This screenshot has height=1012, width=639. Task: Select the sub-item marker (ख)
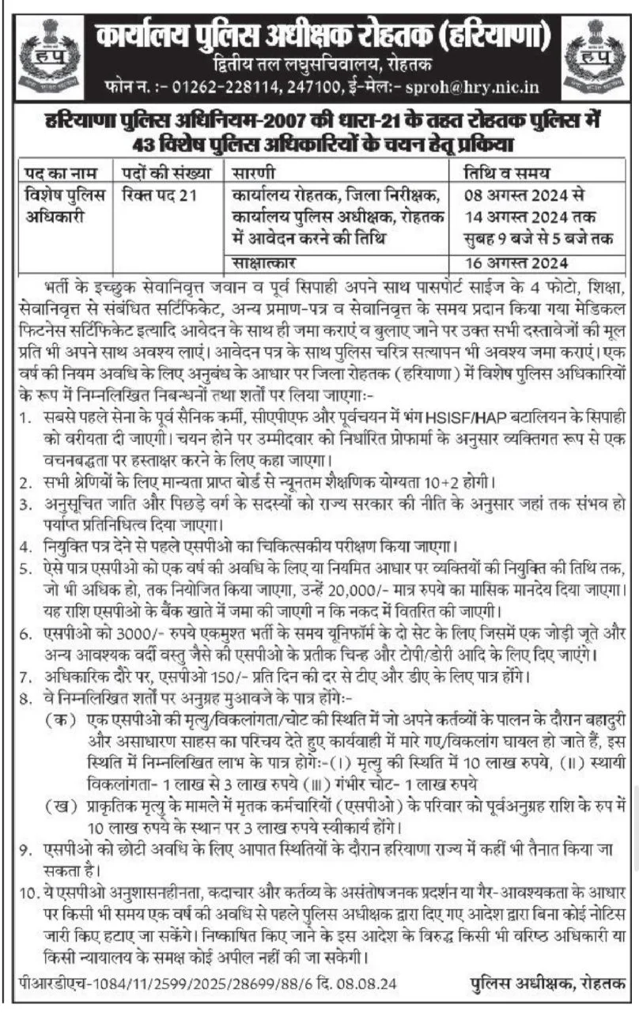coord(57,806)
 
